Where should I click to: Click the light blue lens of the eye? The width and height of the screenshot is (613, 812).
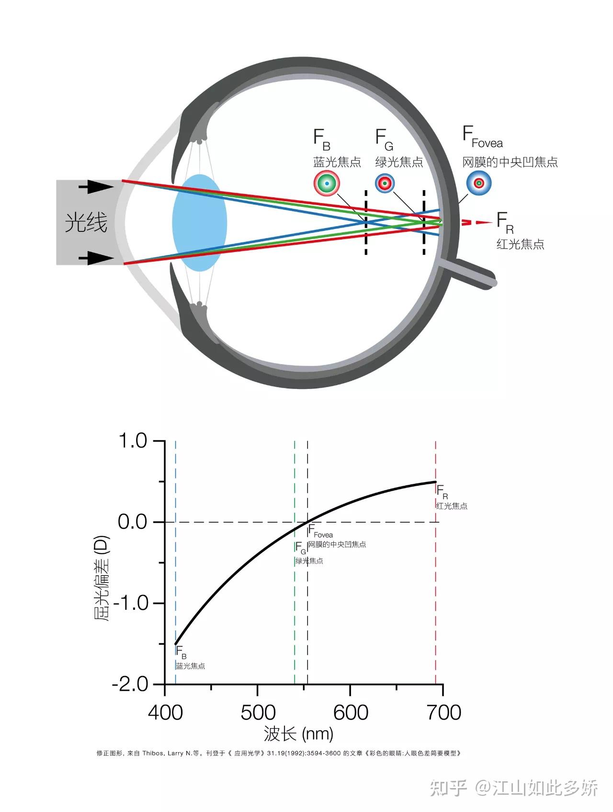199,223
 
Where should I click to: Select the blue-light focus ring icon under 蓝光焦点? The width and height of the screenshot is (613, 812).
327,183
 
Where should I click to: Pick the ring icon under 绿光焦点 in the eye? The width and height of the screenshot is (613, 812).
385,183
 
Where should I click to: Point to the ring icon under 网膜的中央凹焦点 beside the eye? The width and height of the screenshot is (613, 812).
478,183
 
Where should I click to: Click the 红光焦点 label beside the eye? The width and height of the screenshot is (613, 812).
520,244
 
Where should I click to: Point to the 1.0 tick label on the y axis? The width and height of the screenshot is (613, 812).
133,441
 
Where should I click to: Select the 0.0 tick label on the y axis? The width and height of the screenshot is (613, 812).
133,522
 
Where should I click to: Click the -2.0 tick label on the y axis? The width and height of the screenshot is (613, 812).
130,684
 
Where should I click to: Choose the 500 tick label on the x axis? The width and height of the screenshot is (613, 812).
258,712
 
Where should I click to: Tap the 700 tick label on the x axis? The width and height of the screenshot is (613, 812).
443,712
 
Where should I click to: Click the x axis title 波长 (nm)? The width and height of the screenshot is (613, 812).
298,733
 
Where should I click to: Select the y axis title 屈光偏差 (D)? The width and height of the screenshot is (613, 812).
102,578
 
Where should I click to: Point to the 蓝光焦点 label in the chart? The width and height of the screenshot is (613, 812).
190,666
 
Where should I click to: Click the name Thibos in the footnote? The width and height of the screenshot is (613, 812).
153,753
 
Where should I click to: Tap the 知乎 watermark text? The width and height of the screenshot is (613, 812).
448,788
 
